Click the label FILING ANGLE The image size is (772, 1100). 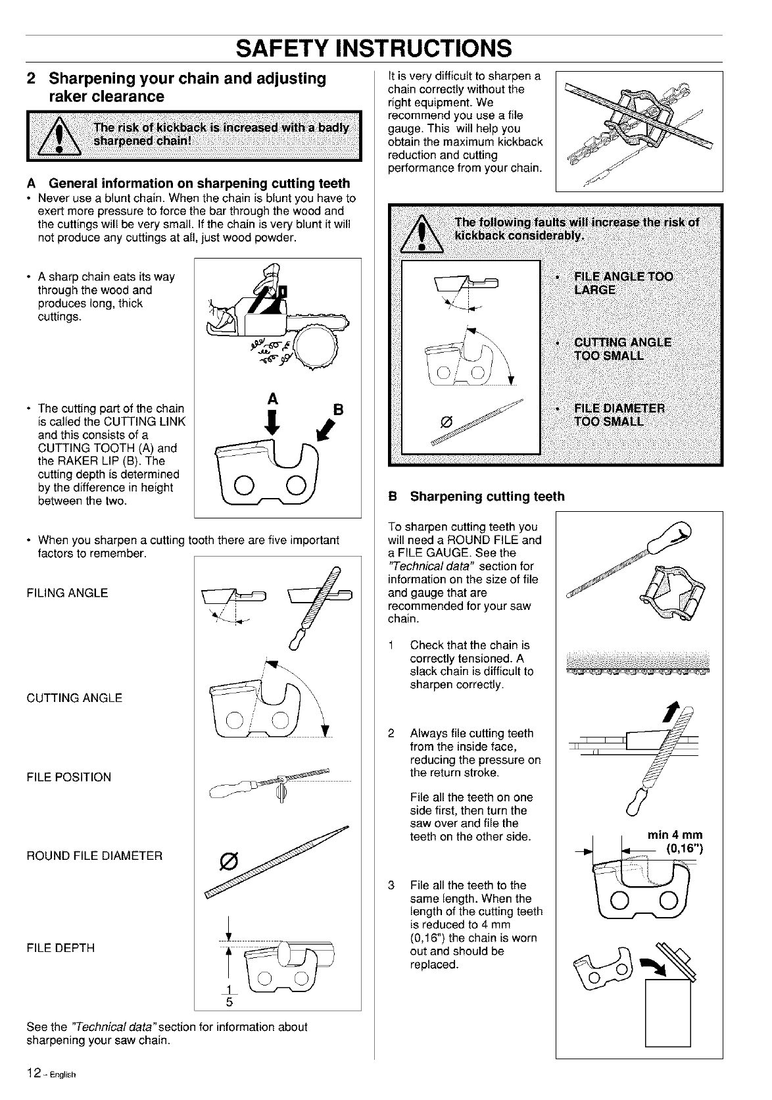(x=68, y=593)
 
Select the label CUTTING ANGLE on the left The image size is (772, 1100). (x=74, y=698)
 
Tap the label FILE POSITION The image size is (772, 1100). (x=69, y=777)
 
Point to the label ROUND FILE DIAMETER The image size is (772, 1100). (x=94, y=856)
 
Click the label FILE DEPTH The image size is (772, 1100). (x=60, y=948)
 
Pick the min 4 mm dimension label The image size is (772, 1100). (x=675, y=836)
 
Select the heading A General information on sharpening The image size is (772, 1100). (x=188, y=183)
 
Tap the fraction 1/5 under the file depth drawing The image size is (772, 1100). (x=227, y=997)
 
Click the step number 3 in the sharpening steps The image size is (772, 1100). (x=391, y=885)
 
